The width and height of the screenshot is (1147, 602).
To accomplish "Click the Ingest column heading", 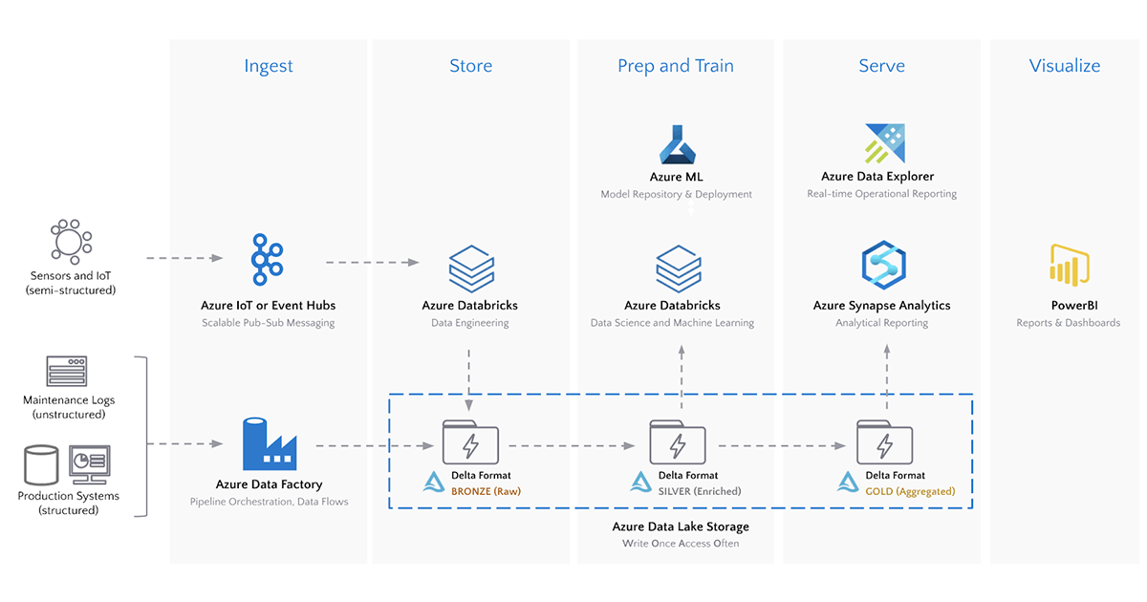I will pos(269,66).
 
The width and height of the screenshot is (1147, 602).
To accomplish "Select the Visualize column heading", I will pos(1064,66).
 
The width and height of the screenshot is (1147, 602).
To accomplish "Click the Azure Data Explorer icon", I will pos(884,144).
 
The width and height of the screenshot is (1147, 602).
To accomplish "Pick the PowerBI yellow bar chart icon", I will pos(1070,265).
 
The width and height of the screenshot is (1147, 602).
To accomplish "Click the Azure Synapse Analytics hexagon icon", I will pos(883,266).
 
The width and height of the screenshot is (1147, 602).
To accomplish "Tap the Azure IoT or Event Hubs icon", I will pos(269,259).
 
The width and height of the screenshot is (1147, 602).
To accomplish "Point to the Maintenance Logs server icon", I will pos(67,371).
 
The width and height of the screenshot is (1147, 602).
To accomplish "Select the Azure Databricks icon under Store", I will pos(470,269).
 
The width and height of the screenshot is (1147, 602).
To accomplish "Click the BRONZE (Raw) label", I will pos(486,491).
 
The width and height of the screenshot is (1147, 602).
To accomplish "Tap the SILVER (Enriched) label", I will pos(699,491).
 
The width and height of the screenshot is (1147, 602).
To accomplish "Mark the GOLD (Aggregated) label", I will pos(910,491).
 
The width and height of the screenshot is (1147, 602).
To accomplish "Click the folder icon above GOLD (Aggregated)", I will pos(884,443).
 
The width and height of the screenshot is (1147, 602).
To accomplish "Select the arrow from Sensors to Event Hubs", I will pos(184,258).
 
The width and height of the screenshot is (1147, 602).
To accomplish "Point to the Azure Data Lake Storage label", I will pos(681,527).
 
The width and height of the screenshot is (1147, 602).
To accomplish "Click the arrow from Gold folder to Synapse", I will pos(886,377).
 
